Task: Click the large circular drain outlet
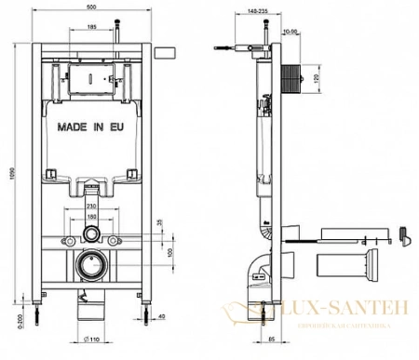[91, 262]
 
